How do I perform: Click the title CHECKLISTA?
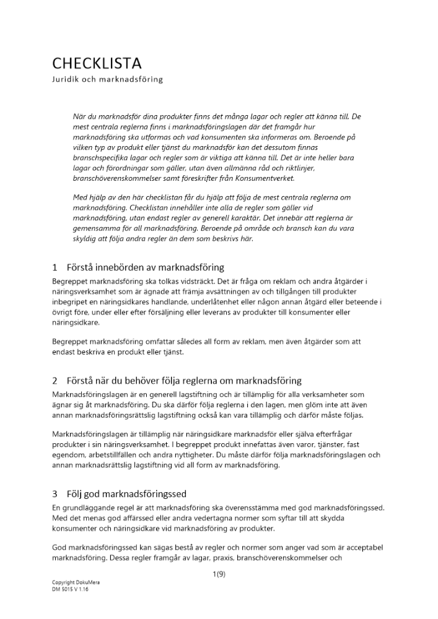pyautogui.click(x=97, y=63)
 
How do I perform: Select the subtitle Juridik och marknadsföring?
pyautogui.click(x=107, y=80)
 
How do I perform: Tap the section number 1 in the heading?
pyautogui.click(x=55, y=268)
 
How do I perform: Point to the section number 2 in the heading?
pyautogui.click(x=55, y=379)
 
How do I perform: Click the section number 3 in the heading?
pyautogui.click(x=55, y=494)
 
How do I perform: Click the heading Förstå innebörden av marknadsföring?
pyautogui.click(x=145, y=268)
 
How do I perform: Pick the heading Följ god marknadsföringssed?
pyautogui.click(x=127, y=494)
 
